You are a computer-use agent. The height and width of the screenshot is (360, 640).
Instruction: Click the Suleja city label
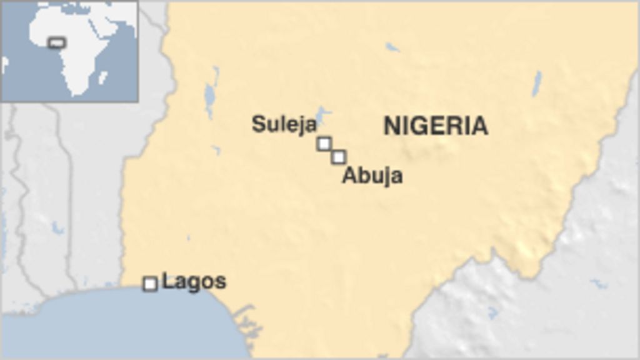click(x=284, y=124)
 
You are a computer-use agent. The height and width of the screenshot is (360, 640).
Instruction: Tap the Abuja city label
click(x=372, y=176)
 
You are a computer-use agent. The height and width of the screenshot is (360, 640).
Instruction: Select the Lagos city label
click(x=194, y=282)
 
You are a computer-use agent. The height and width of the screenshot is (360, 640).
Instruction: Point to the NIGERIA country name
click(x=435, y=126)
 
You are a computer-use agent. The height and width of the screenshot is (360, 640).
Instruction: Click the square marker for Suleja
click(x=324, y=144)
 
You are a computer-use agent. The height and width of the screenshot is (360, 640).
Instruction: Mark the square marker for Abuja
click(x=339, y=157)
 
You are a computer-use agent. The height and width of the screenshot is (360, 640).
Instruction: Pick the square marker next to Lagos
click(x=150, y=284)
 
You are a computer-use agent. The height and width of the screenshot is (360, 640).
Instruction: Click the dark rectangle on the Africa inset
click(x=57, y=42)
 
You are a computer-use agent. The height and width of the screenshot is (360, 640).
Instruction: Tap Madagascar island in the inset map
click(x=103, y=77)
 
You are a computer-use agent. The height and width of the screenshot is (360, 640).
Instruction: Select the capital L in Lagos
click(x=167, y=282)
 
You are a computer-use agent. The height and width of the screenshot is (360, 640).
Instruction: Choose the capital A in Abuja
click(x=349, y=176)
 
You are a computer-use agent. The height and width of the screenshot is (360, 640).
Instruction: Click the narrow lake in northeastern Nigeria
click(x=536, y=83)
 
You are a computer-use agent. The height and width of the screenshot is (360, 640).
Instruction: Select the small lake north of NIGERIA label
click(x=392, y=47)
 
